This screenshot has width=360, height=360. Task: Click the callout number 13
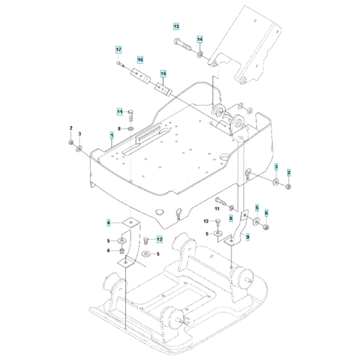[x=176, y=27]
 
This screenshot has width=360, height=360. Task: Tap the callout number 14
[x=199, y=39]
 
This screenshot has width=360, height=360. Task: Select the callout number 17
[x=118, y=50]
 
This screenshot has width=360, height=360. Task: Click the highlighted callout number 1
[x=112, y=136]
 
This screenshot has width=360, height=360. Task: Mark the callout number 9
[x=248, y=236]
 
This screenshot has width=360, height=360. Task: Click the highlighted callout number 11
[x=119, y=112]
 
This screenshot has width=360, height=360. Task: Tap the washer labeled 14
[x=201, y=53]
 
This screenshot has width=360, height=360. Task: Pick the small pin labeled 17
[x=121, y=64]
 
